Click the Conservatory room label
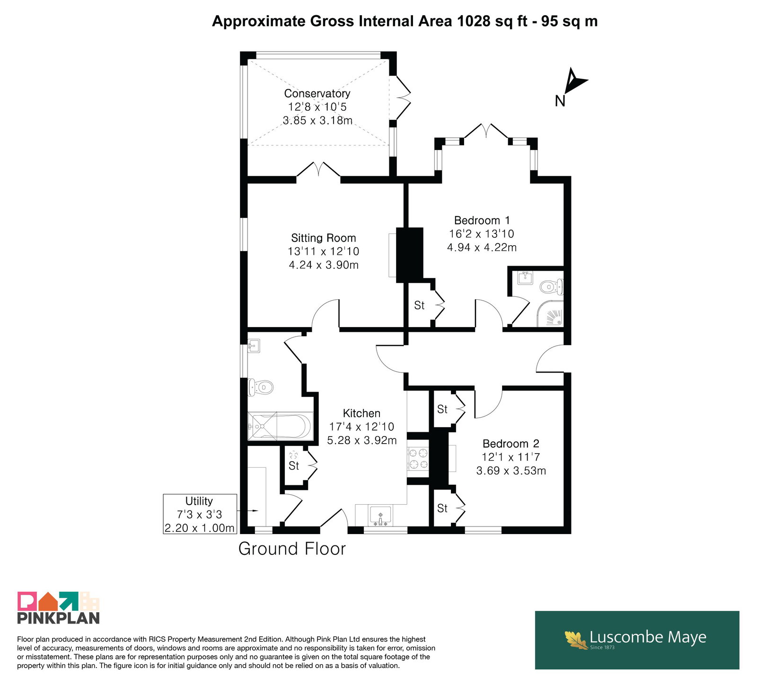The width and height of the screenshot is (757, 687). [x=317, y=94]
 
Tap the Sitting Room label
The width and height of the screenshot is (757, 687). [x=324, y=238]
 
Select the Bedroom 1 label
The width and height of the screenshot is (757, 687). [x=482, y=221]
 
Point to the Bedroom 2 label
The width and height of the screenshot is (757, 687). [x=511, y=444]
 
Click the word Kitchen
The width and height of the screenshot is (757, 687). [x=361, y=413]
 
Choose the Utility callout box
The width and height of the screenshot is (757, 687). [x=200, y=514]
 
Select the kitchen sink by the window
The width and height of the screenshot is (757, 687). [x=380, y=516]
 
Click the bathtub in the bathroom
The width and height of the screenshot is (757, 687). [x=280, y=426]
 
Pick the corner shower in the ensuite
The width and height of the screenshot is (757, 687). [x=550, y=313]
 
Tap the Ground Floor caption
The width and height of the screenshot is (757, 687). [x=292, y=549]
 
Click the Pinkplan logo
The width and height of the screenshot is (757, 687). [x=59, y=608]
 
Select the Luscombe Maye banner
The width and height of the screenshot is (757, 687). [x=637, y=640]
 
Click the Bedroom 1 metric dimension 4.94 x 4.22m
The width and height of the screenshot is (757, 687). [x=482, y=247]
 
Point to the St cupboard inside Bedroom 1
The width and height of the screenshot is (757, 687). [x=419, y=305]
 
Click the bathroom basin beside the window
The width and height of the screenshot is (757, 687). [x=254, y=346]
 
